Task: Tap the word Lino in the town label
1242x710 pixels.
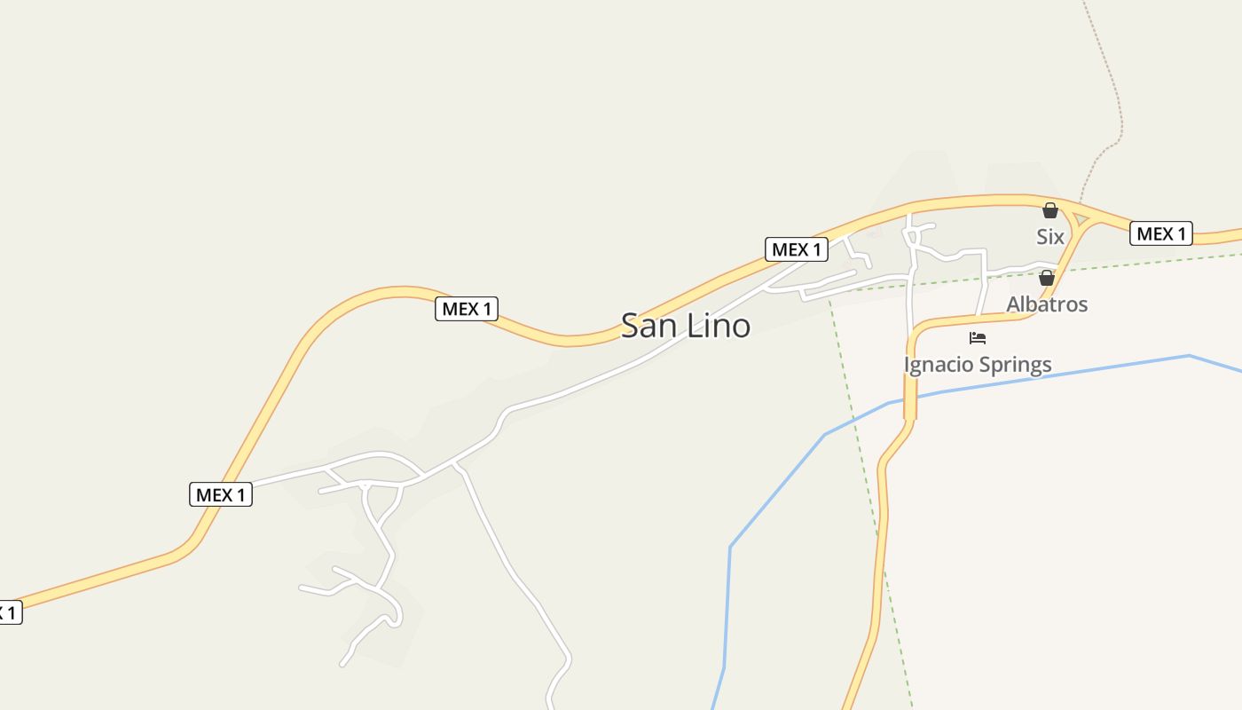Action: (717, 326)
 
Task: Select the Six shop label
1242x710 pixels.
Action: (1050, 237)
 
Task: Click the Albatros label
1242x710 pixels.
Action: (1047, 304)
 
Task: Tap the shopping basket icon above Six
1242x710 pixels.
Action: (1050, 211)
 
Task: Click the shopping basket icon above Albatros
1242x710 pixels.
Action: (1047, 278)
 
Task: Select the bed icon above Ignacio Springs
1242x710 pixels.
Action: (978, 338)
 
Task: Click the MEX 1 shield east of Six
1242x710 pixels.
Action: (1161, 233)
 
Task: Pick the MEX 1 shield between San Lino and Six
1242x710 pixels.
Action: (797, 249)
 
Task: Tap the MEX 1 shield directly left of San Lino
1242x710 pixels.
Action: (467, 309)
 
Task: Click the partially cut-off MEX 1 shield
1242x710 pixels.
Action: (8, 612)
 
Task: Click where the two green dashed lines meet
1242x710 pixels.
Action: (829, 298)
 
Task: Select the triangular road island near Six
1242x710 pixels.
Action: (1081, 218)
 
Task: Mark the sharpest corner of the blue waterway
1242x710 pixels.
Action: (730, 547)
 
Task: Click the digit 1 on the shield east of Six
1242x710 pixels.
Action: (1181, 233)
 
